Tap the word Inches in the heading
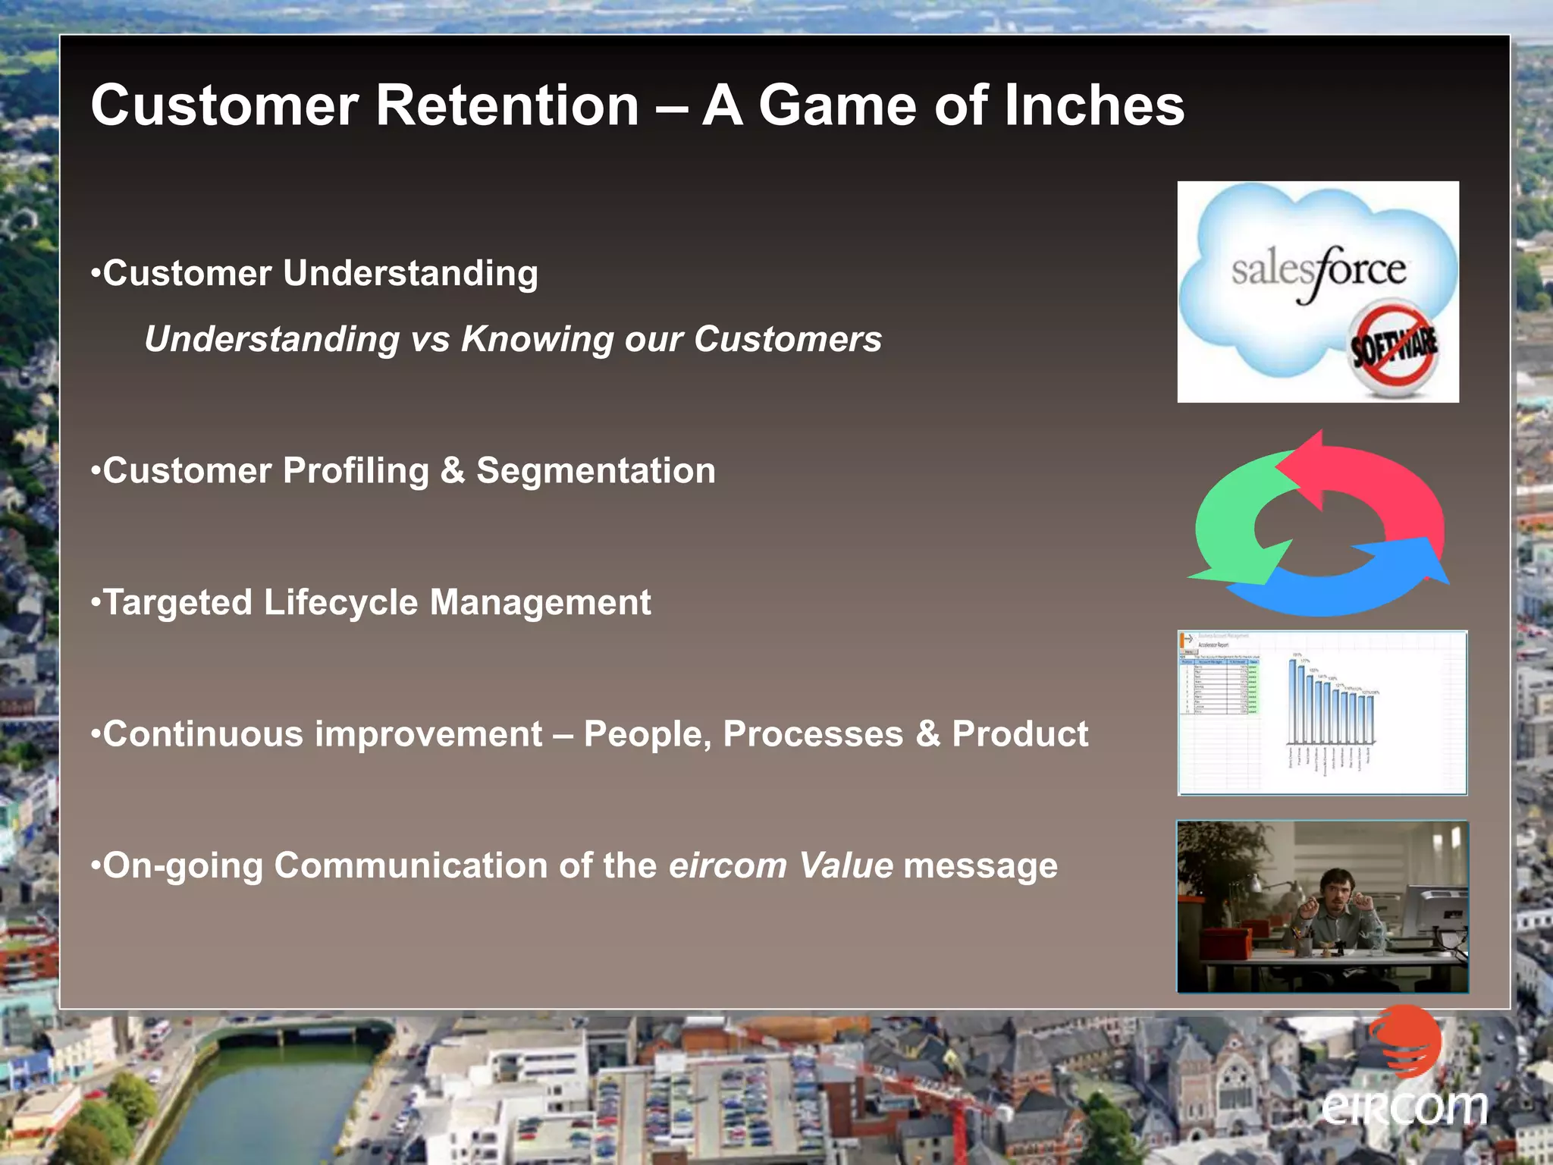[x=1094, y=105]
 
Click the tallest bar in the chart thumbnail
[x=1292, y=702]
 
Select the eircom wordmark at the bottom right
[x=1404, y=1108]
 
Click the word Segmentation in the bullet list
[x=595, y=471]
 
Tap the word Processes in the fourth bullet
[x=813, y=734]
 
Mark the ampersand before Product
[x=927, y=734]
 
